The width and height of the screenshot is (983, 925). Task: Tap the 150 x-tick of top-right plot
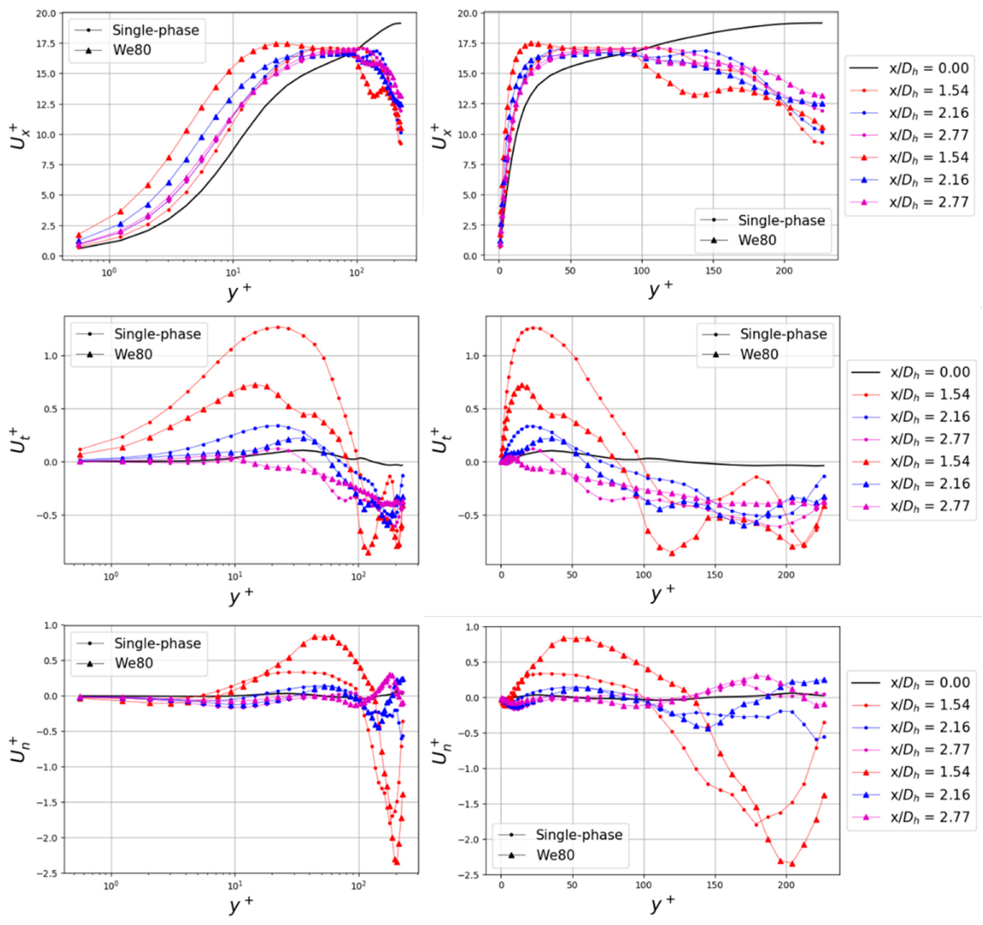coord(713,271)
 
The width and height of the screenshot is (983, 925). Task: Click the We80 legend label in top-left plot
coord(132,50)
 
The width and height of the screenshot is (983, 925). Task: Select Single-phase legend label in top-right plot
coord(781,220)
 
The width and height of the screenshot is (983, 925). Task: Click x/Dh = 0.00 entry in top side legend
coord(929,68)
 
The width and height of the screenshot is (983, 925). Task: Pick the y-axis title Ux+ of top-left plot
coord(20,136)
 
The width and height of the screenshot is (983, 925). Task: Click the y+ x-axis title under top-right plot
coord(661,289)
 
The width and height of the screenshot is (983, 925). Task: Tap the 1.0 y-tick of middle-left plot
coord(51,356)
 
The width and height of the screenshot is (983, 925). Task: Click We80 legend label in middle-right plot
coord(759,355)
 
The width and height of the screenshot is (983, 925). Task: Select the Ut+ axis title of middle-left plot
coord(20,440)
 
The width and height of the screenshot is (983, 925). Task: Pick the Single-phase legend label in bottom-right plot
coord(579,834)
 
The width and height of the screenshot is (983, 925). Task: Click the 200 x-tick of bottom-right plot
coord(786,885)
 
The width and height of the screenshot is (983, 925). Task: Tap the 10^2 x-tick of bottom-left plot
coord(358,885)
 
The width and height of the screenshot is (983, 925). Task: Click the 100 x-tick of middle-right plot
coord(643,575)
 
